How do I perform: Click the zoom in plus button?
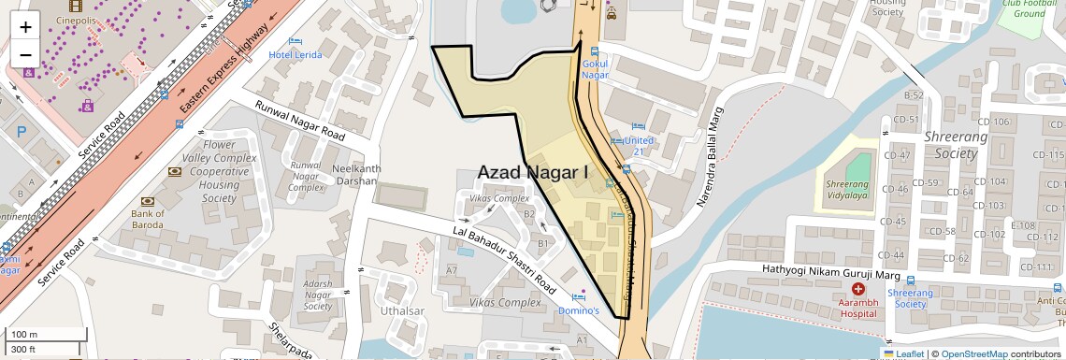(x=25, y=26)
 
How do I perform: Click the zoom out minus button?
(x=25, y=54)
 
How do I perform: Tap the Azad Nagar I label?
(x=533, y=173)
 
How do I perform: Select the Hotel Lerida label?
(x=295, y=54)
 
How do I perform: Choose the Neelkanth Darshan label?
(x=354, y=175)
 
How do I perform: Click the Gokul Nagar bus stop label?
(x=595, y=69)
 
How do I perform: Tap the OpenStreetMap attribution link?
(x=973, y=353)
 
